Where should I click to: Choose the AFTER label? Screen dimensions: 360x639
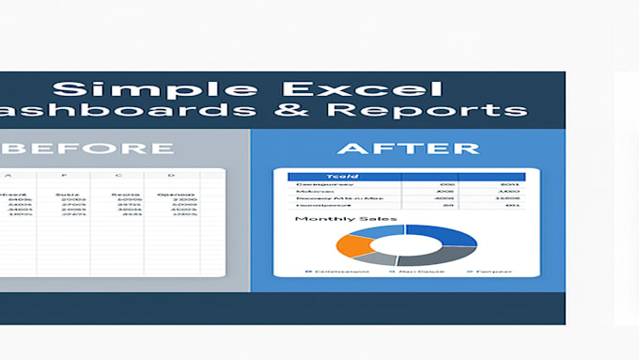click(x=408, y=149)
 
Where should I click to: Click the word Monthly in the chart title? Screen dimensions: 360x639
click(x=323, y=219)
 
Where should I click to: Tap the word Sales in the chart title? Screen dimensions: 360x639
click(x=376, y=219)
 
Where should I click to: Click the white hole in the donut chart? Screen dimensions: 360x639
click(x=405, y=245)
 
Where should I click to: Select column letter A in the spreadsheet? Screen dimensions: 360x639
click(x=8, y=176)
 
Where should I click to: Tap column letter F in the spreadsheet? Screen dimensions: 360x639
click(x=66, y=176)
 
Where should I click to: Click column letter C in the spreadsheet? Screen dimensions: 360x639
click(x=118, y=176)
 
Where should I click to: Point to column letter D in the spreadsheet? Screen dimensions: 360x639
click(x=171, y=176)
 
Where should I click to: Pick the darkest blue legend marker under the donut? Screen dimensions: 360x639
click(x=308, y=271)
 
